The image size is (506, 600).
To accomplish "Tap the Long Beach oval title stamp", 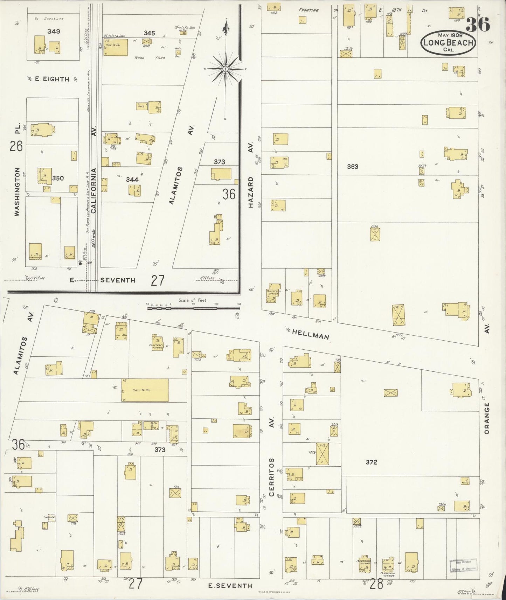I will click(x=448, y=43).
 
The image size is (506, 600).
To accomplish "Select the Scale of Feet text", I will click(x=193, y=300).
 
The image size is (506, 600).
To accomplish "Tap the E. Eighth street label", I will click(x=53, y=79).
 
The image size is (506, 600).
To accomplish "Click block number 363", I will click(x=352, y=167).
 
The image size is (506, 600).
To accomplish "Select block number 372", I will click(x=371, y=462).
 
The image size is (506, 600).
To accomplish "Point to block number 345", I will click(x=149, y=33).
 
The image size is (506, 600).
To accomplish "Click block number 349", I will click(x=54, y=31).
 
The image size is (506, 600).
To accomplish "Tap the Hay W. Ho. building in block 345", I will click(x=115, y=49).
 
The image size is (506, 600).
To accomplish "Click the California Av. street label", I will click(x=93, y=191).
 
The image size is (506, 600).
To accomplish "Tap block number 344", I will click(x=132, y=180).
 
